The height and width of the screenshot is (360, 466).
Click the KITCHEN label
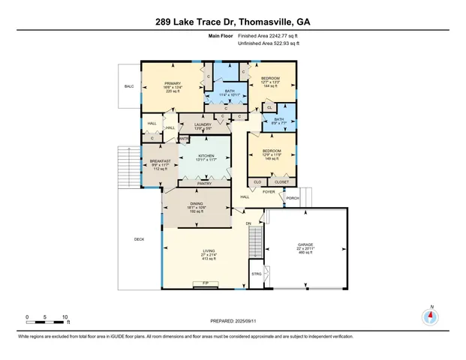coord(206,155)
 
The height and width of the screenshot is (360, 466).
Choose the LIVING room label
coord(209,251)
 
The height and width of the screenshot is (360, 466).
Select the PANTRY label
coord(203,183)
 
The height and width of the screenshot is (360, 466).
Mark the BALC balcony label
coord(128,87)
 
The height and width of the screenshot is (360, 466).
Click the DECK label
coord(139,239)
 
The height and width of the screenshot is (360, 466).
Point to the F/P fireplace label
coord(206,283)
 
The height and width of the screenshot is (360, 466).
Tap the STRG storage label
coord(255,274)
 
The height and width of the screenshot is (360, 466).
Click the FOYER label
coord(268,192)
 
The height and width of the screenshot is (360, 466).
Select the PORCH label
coord(293,198)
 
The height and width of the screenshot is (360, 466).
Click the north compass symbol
coord(430,315)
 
